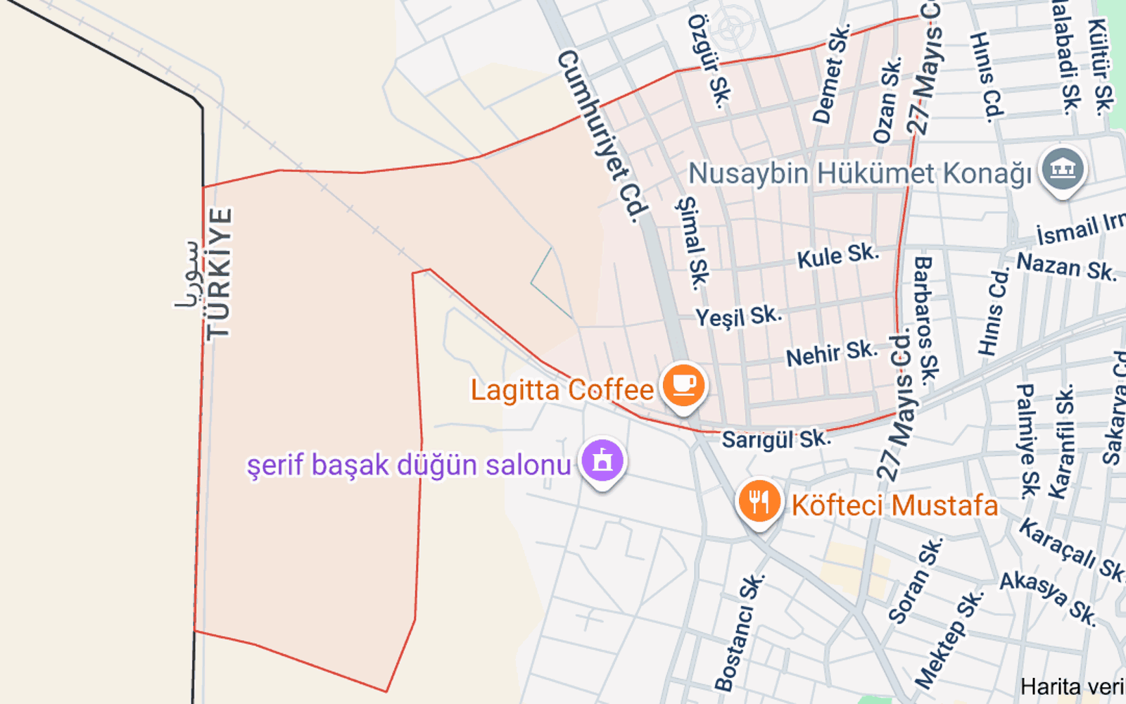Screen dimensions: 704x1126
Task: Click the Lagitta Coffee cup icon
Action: click(683, 385)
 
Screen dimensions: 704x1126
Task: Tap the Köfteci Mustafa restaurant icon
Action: click(759, 502)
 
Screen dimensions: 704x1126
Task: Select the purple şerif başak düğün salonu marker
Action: click(602, 461)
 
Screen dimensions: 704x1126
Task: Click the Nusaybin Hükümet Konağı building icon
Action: click(1063, 170)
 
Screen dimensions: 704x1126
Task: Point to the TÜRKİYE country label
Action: click(219, 274)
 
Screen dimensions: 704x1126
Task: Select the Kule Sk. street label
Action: click(837, 256)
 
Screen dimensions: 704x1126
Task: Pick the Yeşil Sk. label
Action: click(738, 316)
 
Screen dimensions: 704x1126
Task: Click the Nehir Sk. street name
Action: click(831, 353)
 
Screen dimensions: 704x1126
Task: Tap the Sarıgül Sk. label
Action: click(776, 440)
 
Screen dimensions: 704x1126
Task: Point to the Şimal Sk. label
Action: click(692, 243)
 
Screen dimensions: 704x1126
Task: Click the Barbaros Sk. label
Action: click(925, 320)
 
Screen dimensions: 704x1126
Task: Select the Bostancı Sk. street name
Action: click(739, 632)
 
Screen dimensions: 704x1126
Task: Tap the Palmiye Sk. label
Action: click(1027, 441)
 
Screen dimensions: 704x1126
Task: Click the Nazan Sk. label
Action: click(1066, 266)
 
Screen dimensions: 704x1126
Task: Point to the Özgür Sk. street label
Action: click(709, 61)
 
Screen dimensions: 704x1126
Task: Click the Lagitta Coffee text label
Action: click(562, 389)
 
